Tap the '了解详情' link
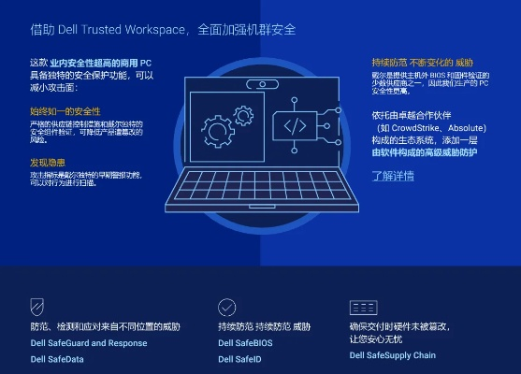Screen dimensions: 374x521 pyautogui.click(x=393, y=175)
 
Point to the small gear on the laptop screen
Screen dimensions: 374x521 pyautogui.click(x=244, y=115)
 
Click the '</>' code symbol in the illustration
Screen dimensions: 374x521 pyautogui.click(x=295, y=124)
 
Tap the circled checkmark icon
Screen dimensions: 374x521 pyautogui.click(x=227, y=307)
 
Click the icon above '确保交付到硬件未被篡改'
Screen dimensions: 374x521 pyautogui.click(x=363, y=307)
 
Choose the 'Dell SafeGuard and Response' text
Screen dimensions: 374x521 pyautogui.click(x=88, y=343)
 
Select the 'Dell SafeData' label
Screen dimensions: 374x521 pyautogui.click(x=56, y=358)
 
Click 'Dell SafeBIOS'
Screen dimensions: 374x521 pyautogui.click(x=252, y=343)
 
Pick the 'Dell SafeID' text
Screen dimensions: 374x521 pyautogui.click(x=239, y=358)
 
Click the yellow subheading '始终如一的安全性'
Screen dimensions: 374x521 pyautogui.click(x=65, y=110)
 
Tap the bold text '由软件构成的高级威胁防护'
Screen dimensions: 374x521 pyautogui.click(x=424, y=151)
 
